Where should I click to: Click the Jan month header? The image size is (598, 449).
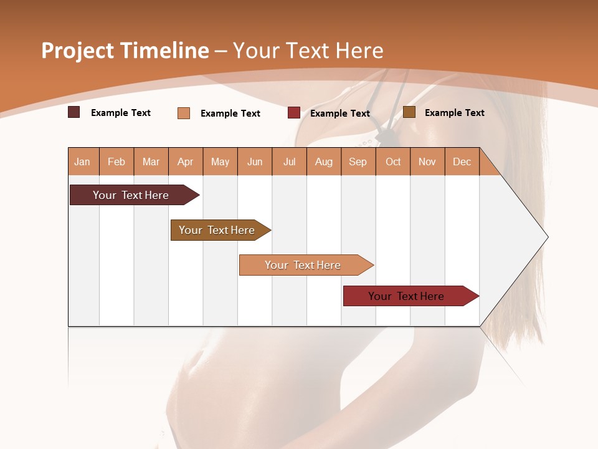(82, 162)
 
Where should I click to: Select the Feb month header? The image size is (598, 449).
(116, 162)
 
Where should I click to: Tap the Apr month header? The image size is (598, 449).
(185, 162)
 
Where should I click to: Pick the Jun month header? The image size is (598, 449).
(255, 162)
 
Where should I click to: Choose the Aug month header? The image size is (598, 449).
(323, 162)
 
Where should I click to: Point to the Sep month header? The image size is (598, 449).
(358, 162)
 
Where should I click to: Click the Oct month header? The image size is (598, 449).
(393, 162)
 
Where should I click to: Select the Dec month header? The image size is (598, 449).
(462, 162)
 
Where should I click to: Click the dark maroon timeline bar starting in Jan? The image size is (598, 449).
(131, 195)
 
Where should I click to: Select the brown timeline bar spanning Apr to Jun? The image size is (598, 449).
(217, 230)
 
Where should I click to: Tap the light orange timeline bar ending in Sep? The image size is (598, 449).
(303, 265)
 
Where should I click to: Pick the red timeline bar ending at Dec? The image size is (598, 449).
(406, 296)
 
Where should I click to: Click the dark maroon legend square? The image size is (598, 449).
(74, 112)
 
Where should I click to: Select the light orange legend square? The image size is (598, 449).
(184, 113)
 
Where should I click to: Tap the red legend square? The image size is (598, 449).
(294, 113)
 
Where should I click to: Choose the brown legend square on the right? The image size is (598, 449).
(409, 112)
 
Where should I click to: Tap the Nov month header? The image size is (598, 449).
(427, 162)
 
